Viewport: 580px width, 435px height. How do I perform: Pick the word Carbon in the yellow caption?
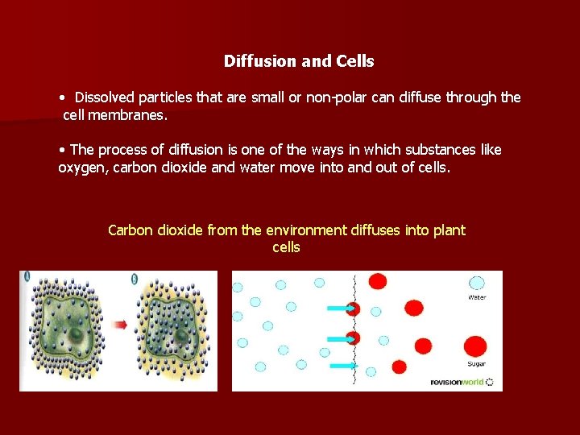tap(131, 230)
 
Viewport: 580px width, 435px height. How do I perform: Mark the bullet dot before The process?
tap(62, 151)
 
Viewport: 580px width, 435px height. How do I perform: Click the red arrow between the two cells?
tap(119, 325)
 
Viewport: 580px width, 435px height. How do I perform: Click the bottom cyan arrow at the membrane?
tap(342, 365)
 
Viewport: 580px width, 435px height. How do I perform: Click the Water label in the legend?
tap(477, 297)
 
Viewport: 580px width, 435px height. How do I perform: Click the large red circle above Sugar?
tap(476, 346)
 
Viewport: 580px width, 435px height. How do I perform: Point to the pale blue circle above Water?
tap(477, 284)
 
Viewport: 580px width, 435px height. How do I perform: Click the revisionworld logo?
tap(461, 382)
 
